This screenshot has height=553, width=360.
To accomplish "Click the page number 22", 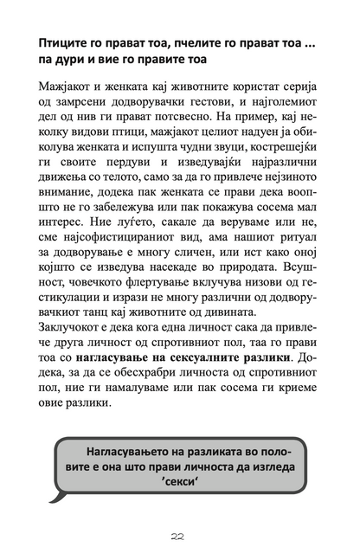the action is tap(180, 537).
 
